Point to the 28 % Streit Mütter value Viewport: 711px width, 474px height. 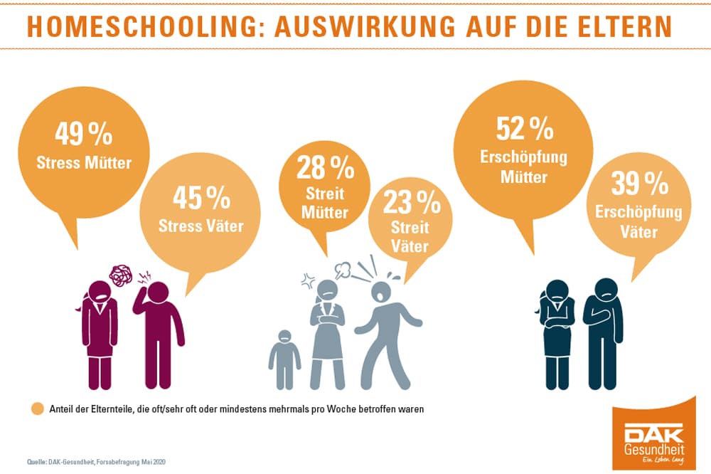[325, 168]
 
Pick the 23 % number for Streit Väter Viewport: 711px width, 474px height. [412, 204]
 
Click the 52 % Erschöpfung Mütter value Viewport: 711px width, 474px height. [524, 129]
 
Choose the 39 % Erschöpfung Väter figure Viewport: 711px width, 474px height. [640, 185]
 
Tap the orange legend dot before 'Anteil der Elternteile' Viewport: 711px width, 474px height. [37, 409]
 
